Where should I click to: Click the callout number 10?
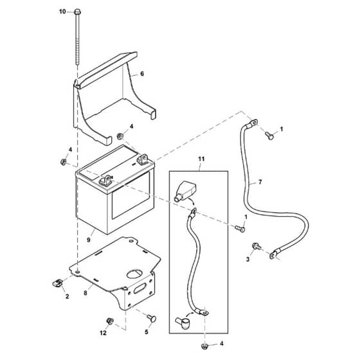(62, 12)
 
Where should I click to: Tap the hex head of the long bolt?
(78, 12)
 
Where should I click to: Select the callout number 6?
(142, 74)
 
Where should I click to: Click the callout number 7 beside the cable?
(260, 182)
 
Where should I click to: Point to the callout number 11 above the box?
(201, 159)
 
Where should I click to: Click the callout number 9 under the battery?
(89, 240)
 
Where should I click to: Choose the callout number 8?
(85, 293)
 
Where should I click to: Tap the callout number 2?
(67, 296)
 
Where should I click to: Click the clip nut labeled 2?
(57, 282)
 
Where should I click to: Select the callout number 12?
(103, 333)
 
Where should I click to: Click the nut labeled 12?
(110, 321)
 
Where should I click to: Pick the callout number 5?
(147, 332)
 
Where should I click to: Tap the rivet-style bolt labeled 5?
(152, 318)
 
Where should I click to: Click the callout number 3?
(248, 260)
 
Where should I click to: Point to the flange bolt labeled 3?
(256, 246)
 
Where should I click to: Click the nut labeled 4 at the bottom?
(204, 346)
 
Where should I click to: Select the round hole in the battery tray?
(135, 274)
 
